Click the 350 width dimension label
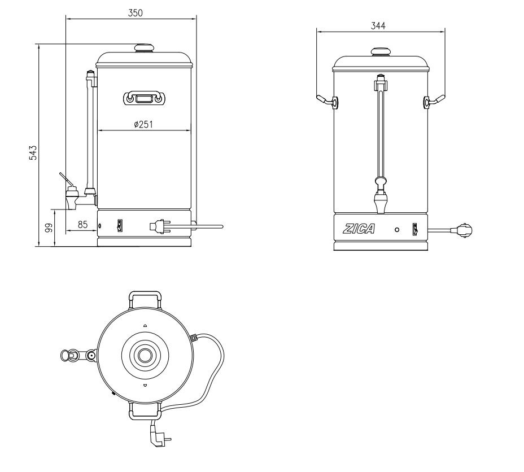tap(134, 13)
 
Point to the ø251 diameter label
tap(143, 124)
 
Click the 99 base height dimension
tap(49, 228)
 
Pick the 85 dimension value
tap(82, 225)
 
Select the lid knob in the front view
tap(381, 52)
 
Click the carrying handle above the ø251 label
tap(143, 98)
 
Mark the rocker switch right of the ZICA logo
tap(415, 230)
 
